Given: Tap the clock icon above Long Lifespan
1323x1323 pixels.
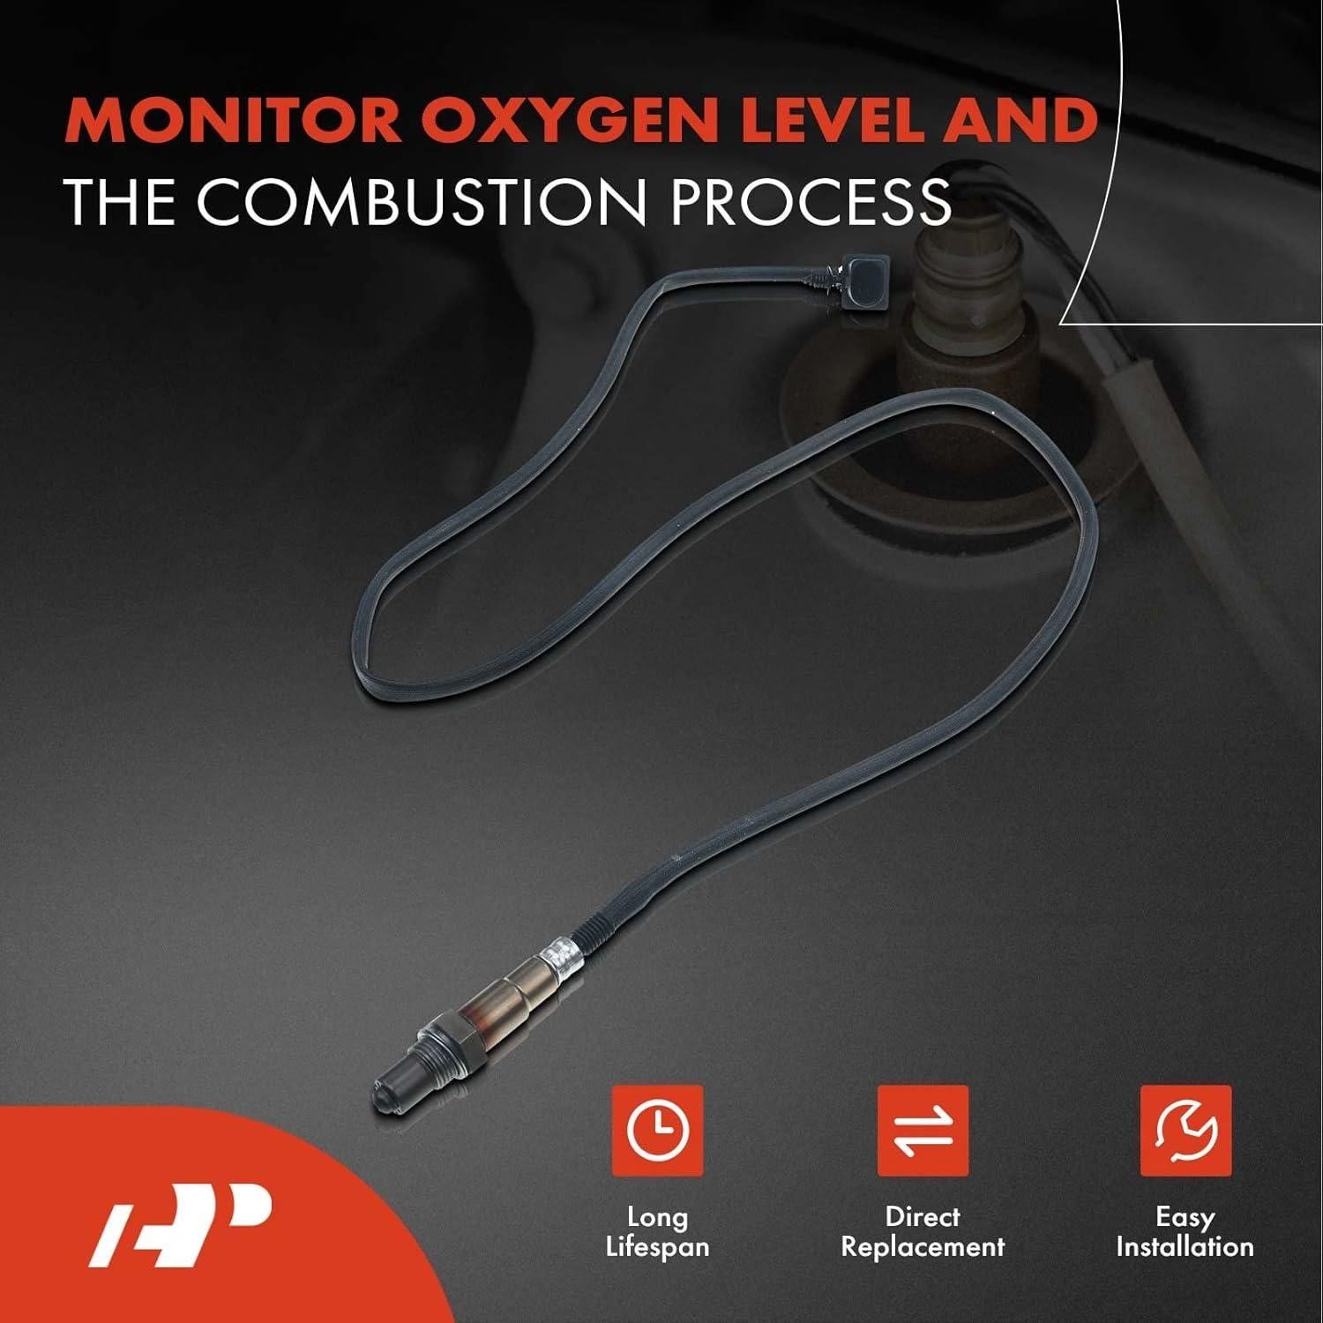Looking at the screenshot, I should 657,1131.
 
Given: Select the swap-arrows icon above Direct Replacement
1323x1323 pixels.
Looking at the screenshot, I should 923,1131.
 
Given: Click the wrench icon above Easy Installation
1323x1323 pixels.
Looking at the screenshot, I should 1185,1131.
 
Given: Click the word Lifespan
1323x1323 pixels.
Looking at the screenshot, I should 657,1247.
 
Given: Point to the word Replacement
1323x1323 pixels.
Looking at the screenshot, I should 923,1247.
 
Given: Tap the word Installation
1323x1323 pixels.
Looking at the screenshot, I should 1185,1247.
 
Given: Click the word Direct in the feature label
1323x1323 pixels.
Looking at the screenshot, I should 923,1217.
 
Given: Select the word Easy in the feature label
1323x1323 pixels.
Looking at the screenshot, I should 1185,1217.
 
